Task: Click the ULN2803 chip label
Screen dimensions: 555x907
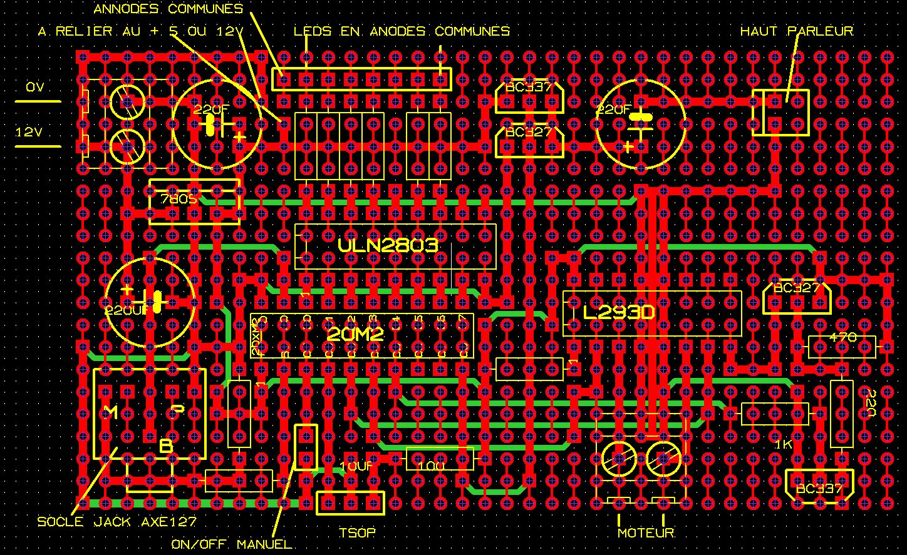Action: click(x=388, y=245)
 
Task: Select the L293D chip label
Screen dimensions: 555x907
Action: click(x=619, y=312)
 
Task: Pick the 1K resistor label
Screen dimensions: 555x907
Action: click(x=784, y=444)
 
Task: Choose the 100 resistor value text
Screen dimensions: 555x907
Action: click(x=432, y=467)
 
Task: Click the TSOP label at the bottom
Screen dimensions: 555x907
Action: click(x=357, y=533)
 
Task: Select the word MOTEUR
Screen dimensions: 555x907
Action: click(x=646, y=533)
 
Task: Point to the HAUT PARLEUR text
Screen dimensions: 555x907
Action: click(x=797, y=31)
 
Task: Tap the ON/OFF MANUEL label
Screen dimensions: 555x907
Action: click(x=232, y=544)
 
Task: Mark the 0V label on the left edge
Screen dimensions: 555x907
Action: click(x=35, y=88)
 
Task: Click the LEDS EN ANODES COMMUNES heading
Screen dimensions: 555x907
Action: click(x=402, y=31)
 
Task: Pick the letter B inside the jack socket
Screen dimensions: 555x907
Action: click(x=166, y=446)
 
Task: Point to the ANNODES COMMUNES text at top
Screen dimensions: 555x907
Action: click(x=168, y=9)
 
